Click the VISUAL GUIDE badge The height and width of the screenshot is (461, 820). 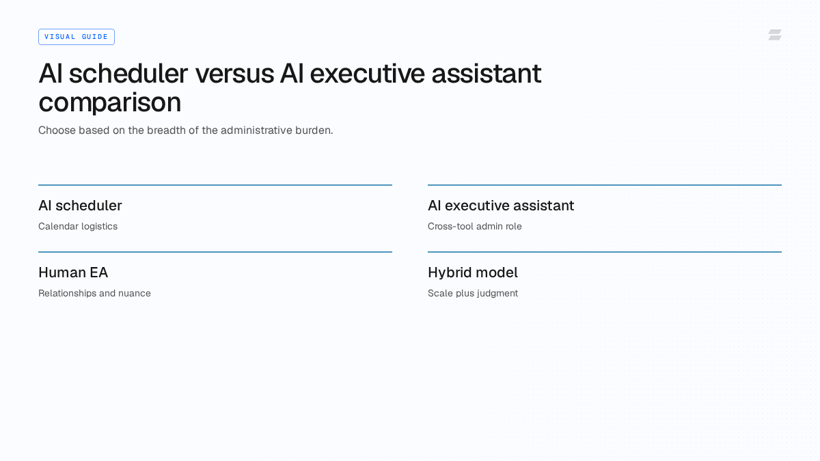click(77, 37)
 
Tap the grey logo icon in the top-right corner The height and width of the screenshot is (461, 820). click(775, 35)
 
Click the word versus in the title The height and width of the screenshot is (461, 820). click(234, 74)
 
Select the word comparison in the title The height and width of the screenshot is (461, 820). click(110, 103)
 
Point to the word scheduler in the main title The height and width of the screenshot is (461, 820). click(128, 73)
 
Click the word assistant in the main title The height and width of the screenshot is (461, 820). click(487, 74)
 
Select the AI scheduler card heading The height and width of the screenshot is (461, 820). click(80, 206)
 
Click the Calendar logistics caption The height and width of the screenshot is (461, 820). click(78, 227)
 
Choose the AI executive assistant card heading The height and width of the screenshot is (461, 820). click(501, 206)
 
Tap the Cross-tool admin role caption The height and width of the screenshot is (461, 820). click(475, 227)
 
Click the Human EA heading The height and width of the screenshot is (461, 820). click(73, 273)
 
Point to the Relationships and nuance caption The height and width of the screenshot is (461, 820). click(94, 294)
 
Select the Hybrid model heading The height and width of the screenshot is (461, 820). click(473, 273)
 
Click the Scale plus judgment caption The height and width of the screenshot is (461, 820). click(473, 294)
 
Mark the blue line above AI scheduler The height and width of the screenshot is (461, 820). click(215, 185)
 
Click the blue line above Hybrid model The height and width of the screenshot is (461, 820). click(605, 252)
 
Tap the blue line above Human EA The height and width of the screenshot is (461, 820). click(215, 252)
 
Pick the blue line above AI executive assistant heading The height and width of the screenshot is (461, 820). click(605, 185)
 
